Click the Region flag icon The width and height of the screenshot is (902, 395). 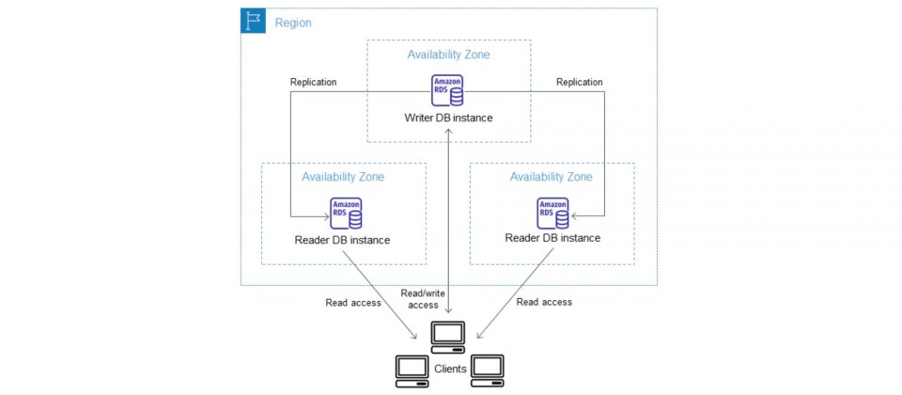(x=253, y=21)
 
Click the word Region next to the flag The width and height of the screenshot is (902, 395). (x=293, y=23)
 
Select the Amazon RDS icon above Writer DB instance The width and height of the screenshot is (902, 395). (x=447, y=90)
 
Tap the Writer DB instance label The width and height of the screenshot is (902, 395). (x=448, y=118)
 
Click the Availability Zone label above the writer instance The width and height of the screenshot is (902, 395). (x=449, y=55)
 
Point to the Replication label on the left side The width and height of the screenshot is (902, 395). (x=314, y=83)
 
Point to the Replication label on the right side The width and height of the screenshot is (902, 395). (x=580, y=83)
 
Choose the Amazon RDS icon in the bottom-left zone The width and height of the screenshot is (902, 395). (x=347, y=213)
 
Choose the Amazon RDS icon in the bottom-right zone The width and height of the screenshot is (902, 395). (x=552, y=213)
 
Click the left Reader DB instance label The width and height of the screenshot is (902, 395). (x=342, y=240)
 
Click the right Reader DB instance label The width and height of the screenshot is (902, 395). (x=552, y=238)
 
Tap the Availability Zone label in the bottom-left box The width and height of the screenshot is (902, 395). (x=343, y=177)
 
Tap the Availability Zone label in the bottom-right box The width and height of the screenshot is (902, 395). (x=552, y=177)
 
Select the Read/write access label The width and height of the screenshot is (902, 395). (x=423, y=298)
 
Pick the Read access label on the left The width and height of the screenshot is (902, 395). (x=353, y=302)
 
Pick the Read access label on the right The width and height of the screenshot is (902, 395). (x=544, y=302)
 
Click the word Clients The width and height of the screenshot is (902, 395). (x=450, y=369)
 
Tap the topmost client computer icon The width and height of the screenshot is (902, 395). (x=448, y=338)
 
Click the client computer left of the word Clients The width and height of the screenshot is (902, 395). (x=412, y=371)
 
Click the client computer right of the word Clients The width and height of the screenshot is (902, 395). (x=488, y=371)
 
